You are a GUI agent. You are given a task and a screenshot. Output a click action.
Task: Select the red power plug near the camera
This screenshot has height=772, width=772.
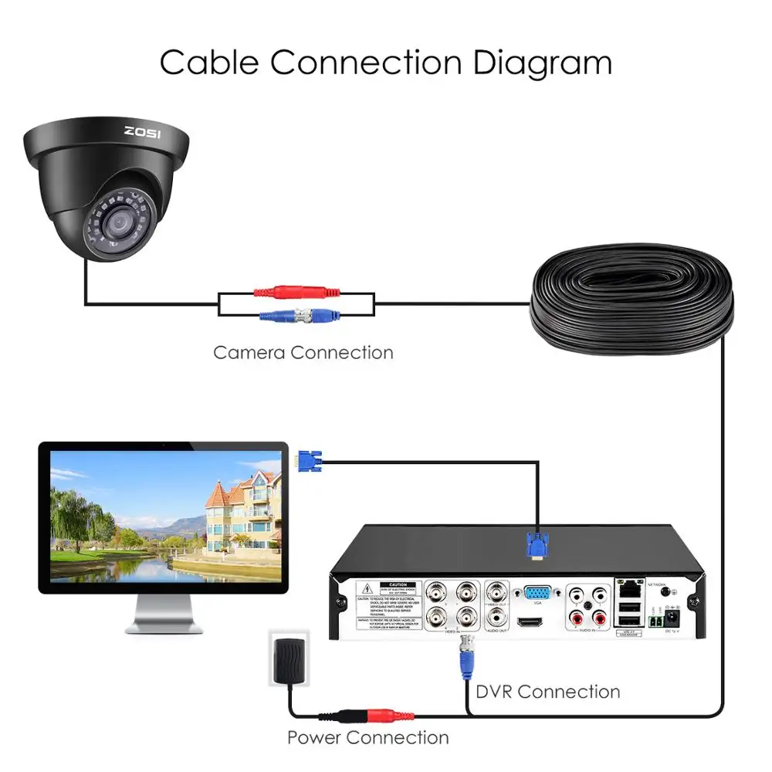(x=297, y=293)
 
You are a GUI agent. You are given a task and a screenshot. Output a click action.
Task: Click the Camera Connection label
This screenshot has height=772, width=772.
(x=303, y=353)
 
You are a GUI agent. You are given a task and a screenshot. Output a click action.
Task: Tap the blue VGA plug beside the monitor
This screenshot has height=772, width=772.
(x=309, y=462)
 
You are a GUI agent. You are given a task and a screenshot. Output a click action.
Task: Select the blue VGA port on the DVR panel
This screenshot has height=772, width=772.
(x=537, y=594)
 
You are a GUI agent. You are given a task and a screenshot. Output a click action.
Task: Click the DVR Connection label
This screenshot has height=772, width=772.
(x=547, y=691)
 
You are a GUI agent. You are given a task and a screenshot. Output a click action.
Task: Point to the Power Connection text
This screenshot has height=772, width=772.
(x=367, y=737)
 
